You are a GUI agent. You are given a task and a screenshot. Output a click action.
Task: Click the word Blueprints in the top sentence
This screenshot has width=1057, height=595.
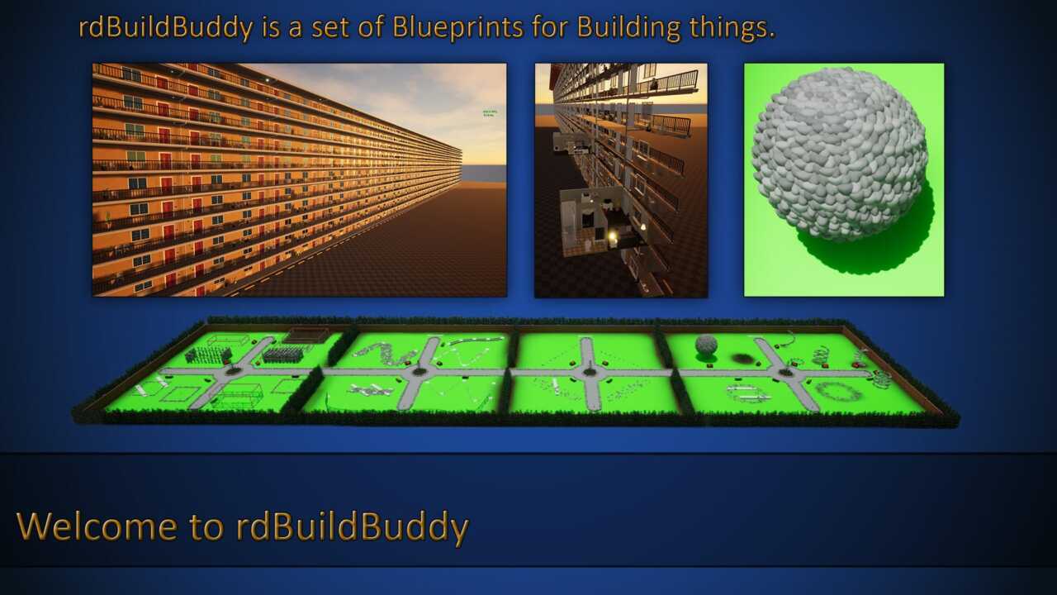[x=457, y=28]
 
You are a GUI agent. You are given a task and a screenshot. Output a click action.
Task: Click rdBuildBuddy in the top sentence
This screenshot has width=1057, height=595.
[x=166, y=28]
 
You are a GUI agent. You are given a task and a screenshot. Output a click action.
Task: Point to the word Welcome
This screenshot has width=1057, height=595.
[x=97, y=526]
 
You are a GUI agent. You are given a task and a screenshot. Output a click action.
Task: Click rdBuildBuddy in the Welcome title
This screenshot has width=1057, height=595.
[x=352, y=527]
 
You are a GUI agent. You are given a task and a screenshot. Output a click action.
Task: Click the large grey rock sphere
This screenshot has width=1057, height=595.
[x=840, y=155]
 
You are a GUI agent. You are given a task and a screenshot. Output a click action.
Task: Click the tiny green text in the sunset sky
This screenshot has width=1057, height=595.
[x=490, y=113]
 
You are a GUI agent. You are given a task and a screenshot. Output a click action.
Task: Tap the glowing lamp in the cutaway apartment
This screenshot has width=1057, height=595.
[x=613, y=236]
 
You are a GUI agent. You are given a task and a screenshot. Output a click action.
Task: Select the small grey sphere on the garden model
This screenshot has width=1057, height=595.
[x=706, y=345]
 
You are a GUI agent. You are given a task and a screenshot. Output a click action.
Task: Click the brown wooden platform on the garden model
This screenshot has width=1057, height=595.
[x=306, y=335]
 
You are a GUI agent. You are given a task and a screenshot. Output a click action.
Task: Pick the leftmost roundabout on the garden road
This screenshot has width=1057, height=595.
[x=233, y=371]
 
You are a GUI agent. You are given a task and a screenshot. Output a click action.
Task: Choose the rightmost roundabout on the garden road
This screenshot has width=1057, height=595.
[x=785, y=373]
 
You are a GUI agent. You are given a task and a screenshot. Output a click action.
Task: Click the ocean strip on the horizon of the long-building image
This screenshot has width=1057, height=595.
[x=484, y=173]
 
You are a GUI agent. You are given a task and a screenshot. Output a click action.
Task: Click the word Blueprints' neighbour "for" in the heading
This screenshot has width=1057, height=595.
[x=550, y=28]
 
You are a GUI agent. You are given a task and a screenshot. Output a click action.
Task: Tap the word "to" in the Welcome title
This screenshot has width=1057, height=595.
[x=206, y=527]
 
